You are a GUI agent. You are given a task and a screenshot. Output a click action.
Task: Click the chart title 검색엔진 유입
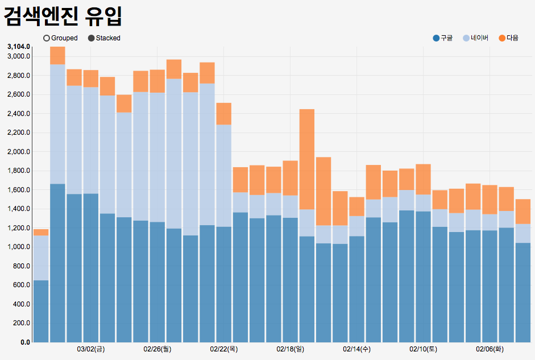[x=63, y=16]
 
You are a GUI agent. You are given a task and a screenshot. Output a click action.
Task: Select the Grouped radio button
[x=47, y=38]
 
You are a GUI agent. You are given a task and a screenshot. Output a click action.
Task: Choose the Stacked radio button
[x=92, y=38]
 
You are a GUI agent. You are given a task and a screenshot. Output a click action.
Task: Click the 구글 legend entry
[x=436, y=38]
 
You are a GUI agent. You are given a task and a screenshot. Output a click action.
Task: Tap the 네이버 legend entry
[x=466, y=38]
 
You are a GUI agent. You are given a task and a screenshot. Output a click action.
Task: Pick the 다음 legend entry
[x=502, y=38]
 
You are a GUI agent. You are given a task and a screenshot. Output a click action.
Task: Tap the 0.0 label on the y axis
[x=25, y=342]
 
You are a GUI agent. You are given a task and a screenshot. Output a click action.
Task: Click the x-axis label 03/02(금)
[x=91, y=349]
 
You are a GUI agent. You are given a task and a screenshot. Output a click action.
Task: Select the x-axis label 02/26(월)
[x=157, y=349]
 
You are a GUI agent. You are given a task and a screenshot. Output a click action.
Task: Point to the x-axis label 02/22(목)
[x=224, y=349]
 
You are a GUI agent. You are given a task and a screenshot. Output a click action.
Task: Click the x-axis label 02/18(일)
[x=291, y=349]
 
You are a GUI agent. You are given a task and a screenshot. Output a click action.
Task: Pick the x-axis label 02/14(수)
[x=357, y=349]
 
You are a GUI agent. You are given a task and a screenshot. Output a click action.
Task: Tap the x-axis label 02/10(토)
[x=424, y=349]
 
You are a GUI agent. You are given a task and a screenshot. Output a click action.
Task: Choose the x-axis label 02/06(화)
[x=490, y=349]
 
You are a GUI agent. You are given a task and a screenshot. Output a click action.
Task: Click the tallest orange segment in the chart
[x=307, y=159]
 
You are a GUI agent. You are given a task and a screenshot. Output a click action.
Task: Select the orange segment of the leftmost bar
[x=41, y=232]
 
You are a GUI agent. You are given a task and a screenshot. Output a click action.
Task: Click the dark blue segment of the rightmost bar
[x=522, y=292]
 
